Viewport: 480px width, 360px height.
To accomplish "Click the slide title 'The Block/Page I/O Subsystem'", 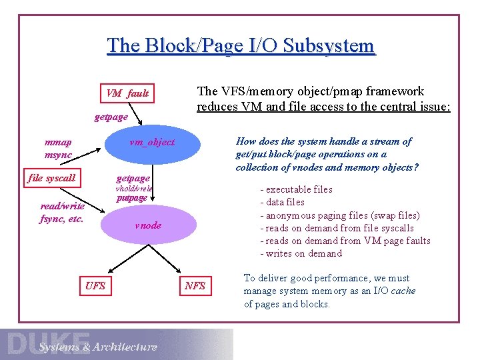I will coord(241,46).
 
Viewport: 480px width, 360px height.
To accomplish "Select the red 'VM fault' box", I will coord(127,93).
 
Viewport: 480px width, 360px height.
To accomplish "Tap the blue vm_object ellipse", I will coord(151,143).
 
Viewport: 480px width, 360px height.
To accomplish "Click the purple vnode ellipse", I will coord(148,225).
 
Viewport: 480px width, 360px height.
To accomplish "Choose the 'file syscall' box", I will coord(51,179).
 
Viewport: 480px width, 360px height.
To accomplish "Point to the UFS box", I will coord(95,286).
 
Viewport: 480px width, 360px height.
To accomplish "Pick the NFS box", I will coord(195,286).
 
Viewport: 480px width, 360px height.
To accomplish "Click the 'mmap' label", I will coord(58,142).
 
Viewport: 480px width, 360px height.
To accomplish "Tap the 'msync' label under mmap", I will coord(58,155).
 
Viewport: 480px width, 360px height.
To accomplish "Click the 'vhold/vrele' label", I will coord(135,189).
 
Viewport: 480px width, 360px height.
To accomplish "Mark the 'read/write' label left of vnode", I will coord(62,206).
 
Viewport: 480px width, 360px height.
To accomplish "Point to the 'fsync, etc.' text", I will coord(61,219).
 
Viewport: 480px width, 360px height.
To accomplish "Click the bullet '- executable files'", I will coord(296,189).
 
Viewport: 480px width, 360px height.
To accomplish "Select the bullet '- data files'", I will coord(282,202).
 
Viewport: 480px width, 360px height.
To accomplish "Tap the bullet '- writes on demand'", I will coord(301,253).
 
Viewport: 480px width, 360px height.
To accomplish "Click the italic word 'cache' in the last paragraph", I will coord(403,291).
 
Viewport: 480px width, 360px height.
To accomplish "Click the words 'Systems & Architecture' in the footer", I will coord(98,347).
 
